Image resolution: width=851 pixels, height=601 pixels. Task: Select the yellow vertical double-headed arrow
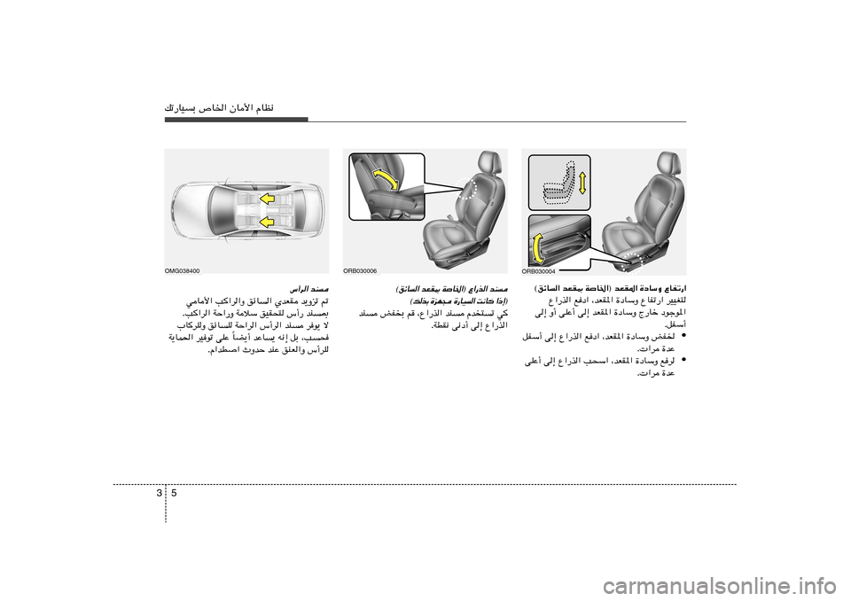(582, 182)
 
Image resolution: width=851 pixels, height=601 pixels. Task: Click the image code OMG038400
(183, 270)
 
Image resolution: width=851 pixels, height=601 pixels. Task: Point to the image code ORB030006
(360, 270)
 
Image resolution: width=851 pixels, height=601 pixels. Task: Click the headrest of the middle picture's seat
(488, 164)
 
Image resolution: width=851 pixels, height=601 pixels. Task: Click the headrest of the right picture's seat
(666, 165)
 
